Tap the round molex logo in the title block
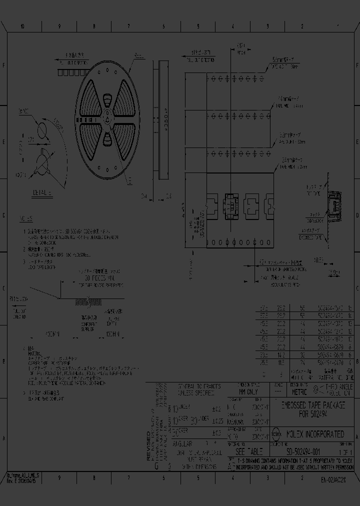275,434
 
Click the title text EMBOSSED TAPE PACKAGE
312,405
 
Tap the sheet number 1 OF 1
345,451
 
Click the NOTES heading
26,218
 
